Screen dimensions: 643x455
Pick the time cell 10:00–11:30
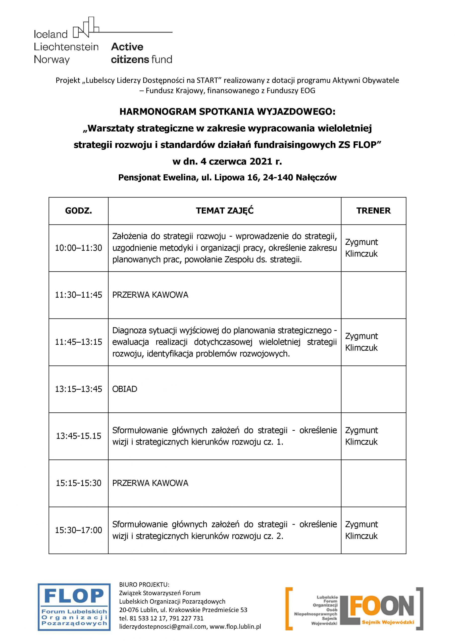pos(78,248)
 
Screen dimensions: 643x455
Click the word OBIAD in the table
pos(125,389)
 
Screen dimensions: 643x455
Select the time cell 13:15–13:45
pos(78,389)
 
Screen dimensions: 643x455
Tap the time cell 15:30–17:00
pos(78,530)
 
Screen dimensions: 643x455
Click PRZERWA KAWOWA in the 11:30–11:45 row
pos(150,295)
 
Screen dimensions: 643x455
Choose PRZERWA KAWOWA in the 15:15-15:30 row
pos(150,483)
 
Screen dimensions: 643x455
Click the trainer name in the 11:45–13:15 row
pos(362,342)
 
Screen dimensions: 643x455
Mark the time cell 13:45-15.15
pos(78,436)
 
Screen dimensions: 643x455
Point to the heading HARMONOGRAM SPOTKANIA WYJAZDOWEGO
pos(227,112)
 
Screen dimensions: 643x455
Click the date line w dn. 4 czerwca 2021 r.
pos(227,162)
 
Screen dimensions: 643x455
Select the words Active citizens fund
pos(141,53)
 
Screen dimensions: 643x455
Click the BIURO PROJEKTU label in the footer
pos(144,584)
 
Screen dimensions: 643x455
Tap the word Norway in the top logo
pos(52,60)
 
